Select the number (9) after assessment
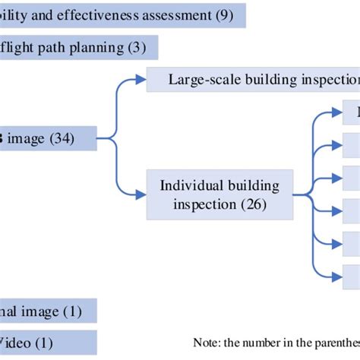tap(222, 14)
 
